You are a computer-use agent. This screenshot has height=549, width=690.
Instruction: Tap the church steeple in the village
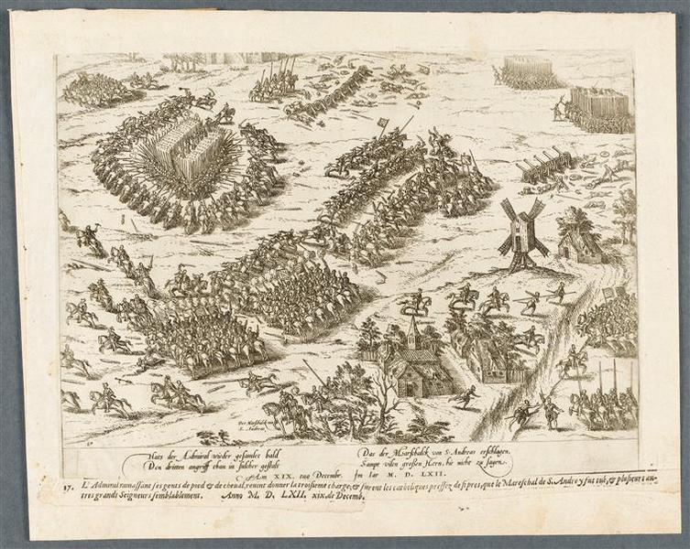click(x=414, y=330)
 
